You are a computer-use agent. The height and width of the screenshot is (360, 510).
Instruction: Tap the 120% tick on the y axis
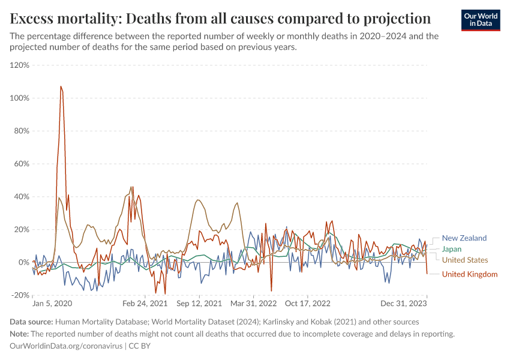20,65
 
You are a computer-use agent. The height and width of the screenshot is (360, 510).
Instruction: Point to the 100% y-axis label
20,98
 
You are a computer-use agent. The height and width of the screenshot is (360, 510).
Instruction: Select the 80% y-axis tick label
22,131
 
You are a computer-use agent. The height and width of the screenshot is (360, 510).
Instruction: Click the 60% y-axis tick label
22,164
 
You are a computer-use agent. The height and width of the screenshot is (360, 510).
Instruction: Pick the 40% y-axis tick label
22,196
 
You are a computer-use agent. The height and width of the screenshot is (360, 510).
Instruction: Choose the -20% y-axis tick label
21,295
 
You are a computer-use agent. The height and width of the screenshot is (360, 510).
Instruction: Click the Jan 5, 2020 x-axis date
52,304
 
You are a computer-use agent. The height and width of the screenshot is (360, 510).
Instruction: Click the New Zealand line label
464,238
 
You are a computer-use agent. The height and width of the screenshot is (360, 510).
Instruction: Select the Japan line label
452,249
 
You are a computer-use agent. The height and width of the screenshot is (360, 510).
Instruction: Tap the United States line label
465,260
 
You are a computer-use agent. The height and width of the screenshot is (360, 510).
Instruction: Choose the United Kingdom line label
470,274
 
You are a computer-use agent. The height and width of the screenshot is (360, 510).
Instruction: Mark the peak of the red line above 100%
61,86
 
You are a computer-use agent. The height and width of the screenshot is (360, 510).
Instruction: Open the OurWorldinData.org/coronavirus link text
66,346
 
